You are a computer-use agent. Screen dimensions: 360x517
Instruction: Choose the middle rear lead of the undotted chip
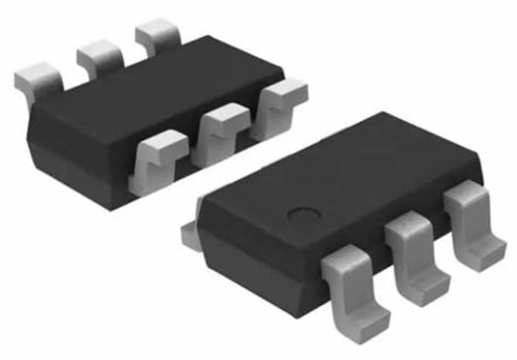coord(100,55)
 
